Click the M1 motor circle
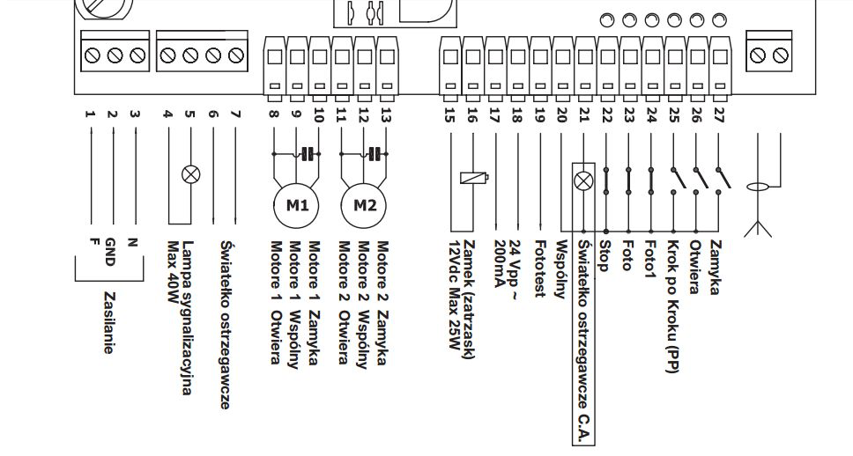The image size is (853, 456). pos(296,205)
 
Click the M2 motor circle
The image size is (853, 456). pos(364,205)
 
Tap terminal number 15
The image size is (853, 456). pos(449,115)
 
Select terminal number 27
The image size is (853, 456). pos(719,115)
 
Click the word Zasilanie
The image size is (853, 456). pos(109,322)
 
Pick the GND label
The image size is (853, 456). pos(110,252)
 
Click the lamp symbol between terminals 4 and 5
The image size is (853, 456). pos(190,174)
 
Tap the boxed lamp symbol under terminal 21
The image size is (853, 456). pos(583,181)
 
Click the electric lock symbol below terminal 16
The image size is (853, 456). pos(474,177)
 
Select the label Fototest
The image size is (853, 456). pos(539,268)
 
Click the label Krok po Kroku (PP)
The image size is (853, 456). pos(673,306)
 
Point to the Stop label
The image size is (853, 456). pos(604,255)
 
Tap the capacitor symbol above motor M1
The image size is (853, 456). pos(308,154)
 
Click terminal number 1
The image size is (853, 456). pos(90,114)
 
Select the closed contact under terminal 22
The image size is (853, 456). pos(606,180)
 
